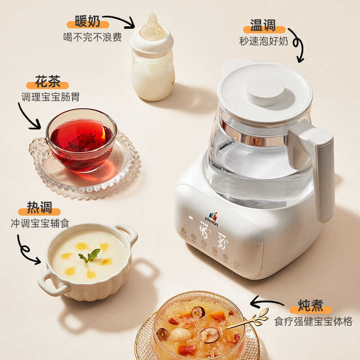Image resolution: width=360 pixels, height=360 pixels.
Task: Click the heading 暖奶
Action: [x=87, y=21]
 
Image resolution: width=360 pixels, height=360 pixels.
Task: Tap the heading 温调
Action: [x=263, y=25]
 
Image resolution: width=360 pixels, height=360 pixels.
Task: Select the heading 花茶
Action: [x=48, y=81]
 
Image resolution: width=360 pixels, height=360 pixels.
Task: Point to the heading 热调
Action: [x=39, y=207]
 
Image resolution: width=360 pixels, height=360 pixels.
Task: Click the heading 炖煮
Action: [x=310, y=305]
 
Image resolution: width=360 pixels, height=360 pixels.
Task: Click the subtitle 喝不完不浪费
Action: [x=92, y=37]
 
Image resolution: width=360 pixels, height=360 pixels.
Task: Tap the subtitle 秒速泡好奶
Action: [x=263, y=41]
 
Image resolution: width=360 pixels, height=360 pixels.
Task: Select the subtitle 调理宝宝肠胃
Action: [x=50, y=97]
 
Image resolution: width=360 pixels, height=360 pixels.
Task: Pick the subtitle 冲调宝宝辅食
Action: [x=40, y=223]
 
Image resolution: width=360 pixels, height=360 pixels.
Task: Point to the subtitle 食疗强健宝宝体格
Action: [x=313, y=321]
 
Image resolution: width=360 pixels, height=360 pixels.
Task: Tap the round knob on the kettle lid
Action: [x=265, y=90]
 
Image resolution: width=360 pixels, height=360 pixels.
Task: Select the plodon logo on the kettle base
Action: [x=211, y=219]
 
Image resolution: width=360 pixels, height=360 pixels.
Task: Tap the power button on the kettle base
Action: [x=236, y=263]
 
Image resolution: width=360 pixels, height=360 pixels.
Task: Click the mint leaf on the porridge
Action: [x=90, y=255]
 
